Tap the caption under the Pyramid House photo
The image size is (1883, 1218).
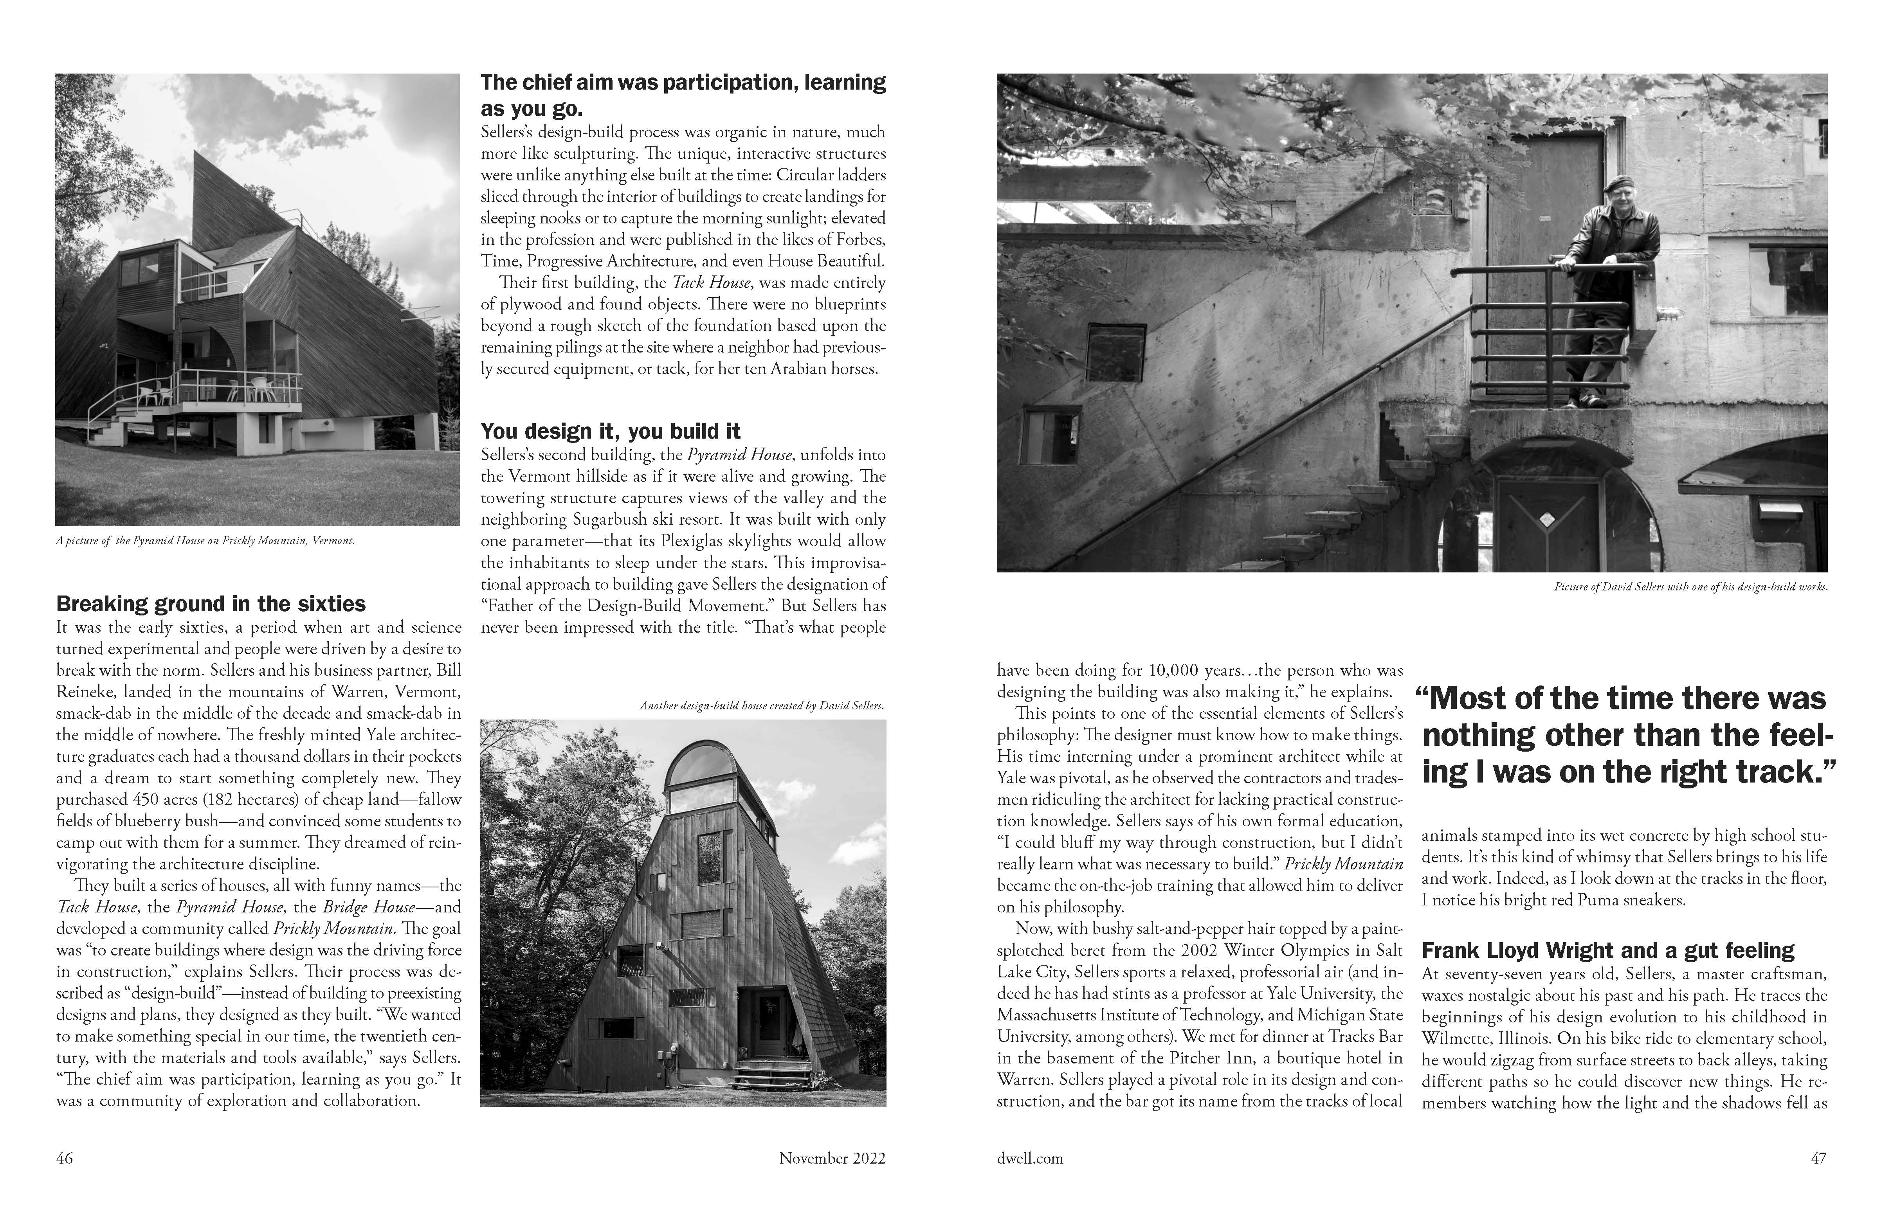click(x=205, y=541)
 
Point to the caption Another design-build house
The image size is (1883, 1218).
click(x=761, y=705)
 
